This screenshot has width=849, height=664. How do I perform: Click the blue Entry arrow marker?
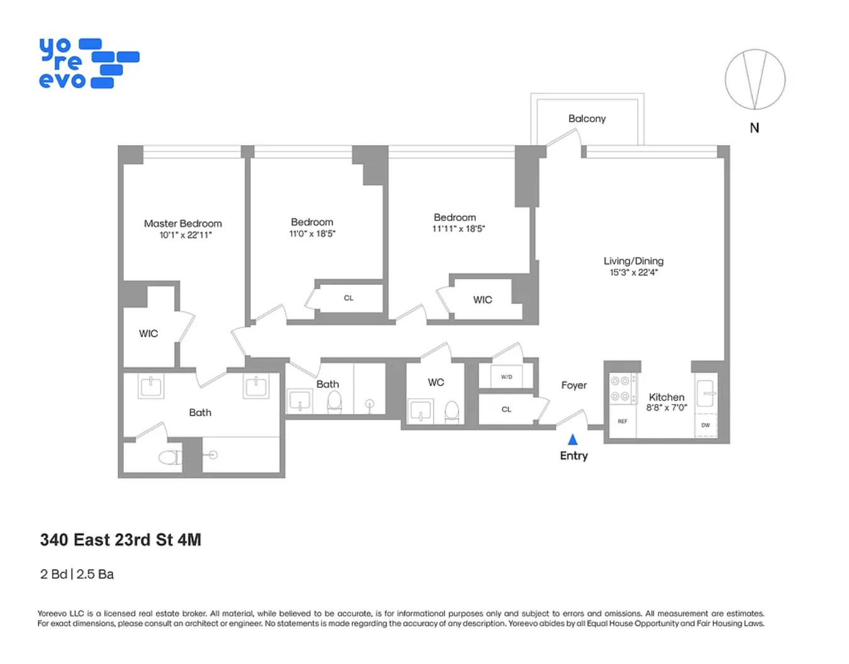[572, 440]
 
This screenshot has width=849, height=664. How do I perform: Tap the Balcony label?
[587, 119]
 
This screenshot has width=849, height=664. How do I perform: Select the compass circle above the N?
[755, 80]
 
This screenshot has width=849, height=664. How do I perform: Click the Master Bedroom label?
[182, 223]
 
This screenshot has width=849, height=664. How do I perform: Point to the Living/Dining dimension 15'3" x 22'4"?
[633, 272]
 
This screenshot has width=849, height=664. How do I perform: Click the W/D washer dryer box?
[506, 377]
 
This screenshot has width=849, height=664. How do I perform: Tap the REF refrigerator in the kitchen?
[622, 421]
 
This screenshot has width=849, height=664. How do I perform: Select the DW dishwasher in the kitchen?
[706, 425]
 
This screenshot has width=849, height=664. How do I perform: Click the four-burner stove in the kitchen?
[621, 389]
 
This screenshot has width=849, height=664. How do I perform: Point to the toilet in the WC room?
[452, 411]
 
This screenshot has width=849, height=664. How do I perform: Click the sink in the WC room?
[420, 411]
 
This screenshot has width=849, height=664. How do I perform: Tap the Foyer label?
[574, 385]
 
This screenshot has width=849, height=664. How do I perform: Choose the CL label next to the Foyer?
[506, 409]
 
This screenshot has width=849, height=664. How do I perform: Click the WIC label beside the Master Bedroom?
[148, 333]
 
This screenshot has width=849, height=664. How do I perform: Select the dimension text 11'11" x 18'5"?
[458, 229]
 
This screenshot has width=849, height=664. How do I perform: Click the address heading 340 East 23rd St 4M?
[121, 540]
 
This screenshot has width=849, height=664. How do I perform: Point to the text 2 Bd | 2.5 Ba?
[77, 574]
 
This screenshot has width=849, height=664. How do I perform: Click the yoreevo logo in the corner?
[88, 64]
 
